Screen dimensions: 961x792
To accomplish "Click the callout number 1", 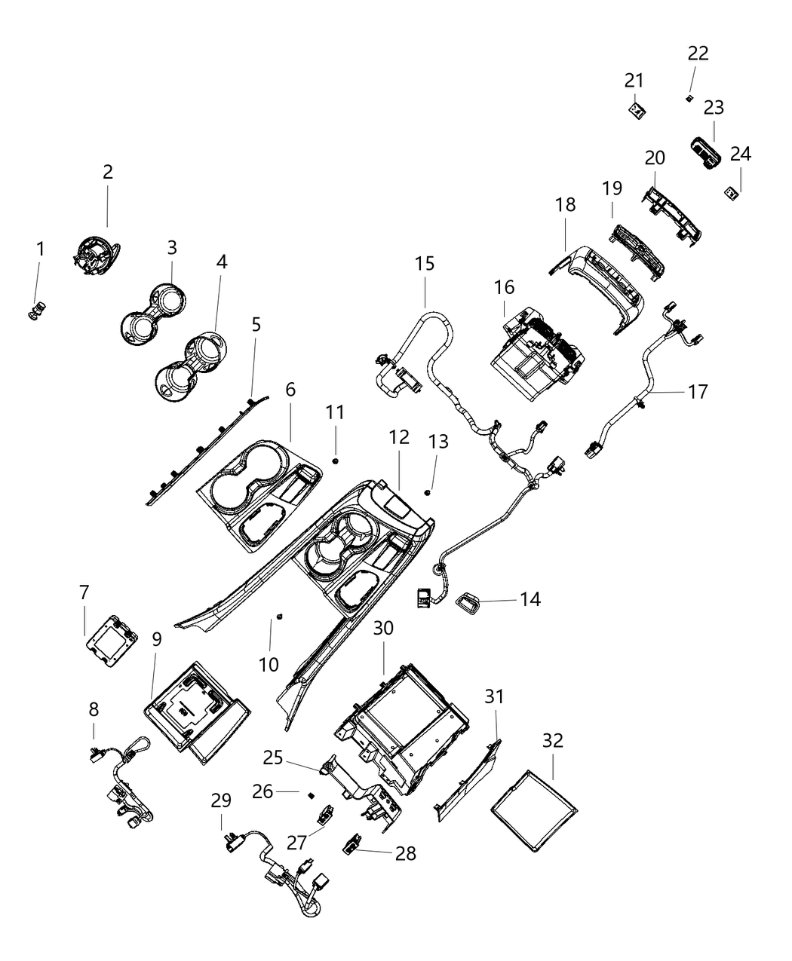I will (x=40, y=249).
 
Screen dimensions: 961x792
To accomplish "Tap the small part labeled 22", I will (x=689, y=98).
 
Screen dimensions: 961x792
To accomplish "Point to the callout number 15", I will (x=425, y=264).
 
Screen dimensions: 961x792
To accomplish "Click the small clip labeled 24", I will (x=731, y=193).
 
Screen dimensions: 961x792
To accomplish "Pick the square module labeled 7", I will (x=112, y=641).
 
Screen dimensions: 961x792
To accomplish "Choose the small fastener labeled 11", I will (x=335, y=461).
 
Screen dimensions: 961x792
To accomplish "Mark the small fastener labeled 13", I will (x=428, y=492).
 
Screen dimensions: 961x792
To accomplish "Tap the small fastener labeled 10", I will (x=279, y=617).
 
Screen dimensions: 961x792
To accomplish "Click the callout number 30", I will (x=384, y=628).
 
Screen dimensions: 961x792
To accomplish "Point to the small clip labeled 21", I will (x=637, y=111).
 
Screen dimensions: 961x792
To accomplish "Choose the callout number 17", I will (x=698, y=392).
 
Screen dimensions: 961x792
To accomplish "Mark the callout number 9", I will (x=156, y=639).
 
